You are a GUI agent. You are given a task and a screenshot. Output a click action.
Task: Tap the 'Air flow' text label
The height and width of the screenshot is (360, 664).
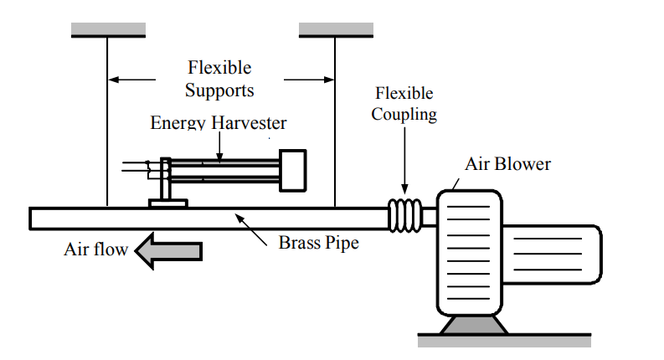pyautogui.click(x=95, y=249)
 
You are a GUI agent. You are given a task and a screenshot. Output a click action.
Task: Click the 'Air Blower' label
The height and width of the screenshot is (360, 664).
pyautogui.click(x=508, y=163)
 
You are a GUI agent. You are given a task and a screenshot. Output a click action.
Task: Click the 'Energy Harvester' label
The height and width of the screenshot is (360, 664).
pyautogui.click(x=219, y=123)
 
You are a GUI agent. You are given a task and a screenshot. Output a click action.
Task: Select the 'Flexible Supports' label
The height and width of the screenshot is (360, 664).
pyautogui.click(x=219, y=78)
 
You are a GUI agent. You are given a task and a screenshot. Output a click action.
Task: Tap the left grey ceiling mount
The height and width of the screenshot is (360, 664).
pyautogui.click(x=108, y=29)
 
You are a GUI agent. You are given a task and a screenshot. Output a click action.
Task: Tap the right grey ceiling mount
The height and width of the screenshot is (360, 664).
pyautogui.click(x=335, y=29)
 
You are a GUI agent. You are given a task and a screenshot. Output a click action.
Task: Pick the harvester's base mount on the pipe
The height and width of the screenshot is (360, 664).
pyautogui.click(x=168, y=202)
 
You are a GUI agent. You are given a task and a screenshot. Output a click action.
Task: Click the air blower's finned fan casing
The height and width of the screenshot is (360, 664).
pyautogui.click(x=469, y=251)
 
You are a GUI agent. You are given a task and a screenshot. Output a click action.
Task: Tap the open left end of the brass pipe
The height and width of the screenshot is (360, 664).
pyautogui.click(x=33, y=219)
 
